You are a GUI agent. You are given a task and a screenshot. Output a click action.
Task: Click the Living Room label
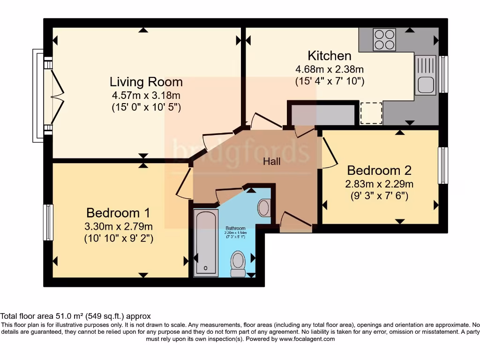pyautogui.click(x=146, y=82)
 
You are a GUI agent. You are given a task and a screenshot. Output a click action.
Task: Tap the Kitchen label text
pyautogui.click(x=330, y=56)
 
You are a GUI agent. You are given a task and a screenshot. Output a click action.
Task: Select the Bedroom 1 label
pyautogui.click(x=118, y=213)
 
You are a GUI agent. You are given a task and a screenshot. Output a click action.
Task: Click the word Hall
pyautogui.click(x=272, y=161)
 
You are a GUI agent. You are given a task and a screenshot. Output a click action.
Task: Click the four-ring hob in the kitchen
pyautogui.click(x=384, y=39)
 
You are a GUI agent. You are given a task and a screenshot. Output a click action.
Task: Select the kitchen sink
pyautogui.click(x=425, y=75)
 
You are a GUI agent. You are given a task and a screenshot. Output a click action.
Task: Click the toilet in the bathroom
pyautogui.click(x=238, y=264)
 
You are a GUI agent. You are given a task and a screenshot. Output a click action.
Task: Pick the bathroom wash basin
pyautogui.click(x=264, y=208)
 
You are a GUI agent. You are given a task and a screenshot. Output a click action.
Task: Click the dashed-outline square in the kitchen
pyautogui.click(x=371, y=113)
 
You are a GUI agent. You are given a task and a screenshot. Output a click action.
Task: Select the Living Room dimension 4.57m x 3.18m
pyautogui.click(x=146, y=95)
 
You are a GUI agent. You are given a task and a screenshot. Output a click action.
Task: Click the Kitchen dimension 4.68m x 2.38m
pyautogui.click(x=330, y=69)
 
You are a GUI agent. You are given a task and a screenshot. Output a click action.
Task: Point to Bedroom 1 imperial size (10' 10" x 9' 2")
pyautogui.click(x=119, y=239)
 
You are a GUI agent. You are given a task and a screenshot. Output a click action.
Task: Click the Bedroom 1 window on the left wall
pyautogui.click(x=48, y=222)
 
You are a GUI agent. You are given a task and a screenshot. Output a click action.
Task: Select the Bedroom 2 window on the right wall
pyautogui.click(x=443, y=165)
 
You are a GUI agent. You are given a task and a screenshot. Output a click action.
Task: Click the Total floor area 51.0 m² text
pyautogui.click(x=75, y=316)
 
